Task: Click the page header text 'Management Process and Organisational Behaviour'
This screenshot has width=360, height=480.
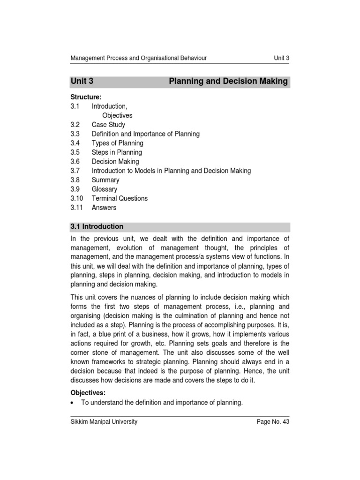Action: tap(138, 58)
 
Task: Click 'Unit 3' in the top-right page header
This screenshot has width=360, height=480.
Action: tap(281, 58)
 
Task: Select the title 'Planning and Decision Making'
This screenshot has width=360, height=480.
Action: tap(228, 82)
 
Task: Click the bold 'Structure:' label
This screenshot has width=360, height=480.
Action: tap(86, 97)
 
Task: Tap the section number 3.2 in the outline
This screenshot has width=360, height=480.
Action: tap(75, 125)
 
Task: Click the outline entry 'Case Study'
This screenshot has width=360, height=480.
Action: tap(108, 125)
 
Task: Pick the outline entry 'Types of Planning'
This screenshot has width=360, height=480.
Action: tap(117, 143)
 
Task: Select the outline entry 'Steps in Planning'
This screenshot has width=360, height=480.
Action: tap(116, 152)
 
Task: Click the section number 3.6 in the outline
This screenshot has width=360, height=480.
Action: tap(75, 162)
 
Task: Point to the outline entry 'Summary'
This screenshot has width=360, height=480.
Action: tap(105, 180)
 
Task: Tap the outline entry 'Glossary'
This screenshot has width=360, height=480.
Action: tap(105, 189)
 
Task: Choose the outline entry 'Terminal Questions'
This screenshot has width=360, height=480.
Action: tap(120, 198)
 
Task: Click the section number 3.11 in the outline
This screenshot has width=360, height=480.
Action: tap(77, 208)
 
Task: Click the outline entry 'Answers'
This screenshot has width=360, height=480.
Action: tap(104, 208)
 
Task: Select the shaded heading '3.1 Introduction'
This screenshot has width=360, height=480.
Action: tap(97, 227)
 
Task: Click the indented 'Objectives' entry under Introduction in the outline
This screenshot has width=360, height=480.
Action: tap(117, 115)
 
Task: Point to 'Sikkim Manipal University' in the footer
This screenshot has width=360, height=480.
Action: tap(104, 422)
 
